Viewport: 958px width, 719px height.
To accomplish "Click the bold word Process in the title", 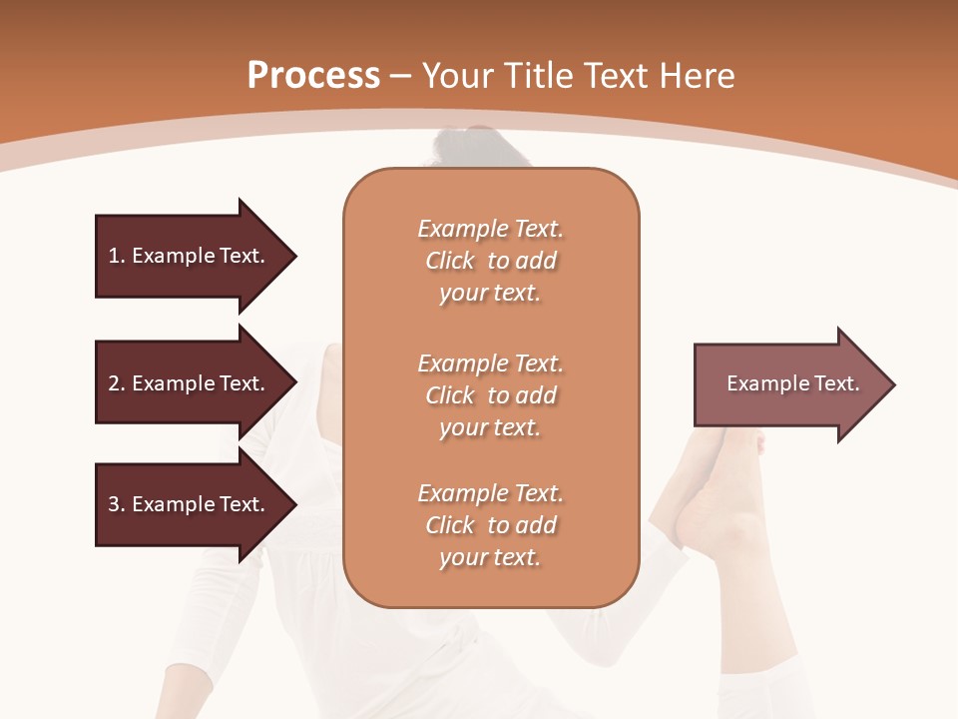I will pos(313,75).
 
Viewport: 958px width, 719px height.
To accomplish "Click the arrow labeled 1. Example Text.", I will pos(190,256).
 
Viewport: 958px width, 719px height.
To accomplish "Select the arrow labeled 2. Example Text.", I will pos(190,383).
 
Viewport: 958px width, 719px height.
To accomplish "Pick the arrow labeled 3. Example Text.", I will pos(190,504).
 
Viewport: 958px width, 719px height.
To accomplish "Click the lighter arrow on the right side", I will pos(788,384).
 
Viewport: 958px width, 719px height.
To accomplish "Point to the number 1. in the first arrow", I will pos(117,256).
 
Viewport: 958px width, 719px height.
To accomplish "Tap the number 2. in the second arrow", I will pos(117,383).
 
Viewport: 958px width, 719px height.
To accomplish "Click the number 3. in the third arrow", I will pos(117,504).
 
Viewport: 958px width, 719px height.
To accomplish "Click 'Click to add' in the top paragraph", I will pos(490,261).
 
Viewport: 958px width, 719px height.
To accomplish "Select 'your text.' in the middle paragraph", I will pos(490,427).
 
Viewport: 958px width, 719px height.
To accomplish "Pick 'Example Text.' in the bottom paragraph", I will pos(490,493).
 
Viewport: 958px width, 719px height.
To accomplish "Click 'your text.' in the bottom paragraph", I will pos(490,557).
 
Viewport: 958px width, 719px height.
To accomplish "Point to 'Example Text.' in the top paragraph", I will pos(490,229).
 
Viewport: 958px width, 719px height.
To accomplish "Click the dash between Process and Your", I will pos(400,77).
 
